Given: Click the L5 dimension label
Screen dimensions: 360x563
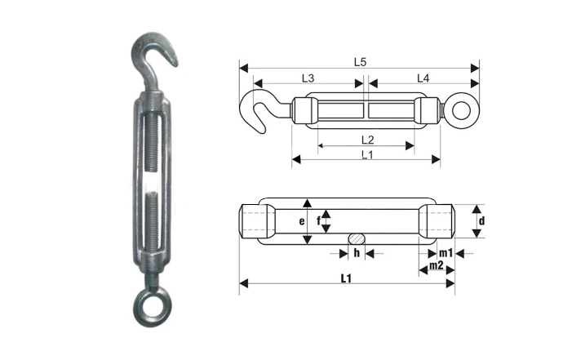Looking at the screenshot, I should click(360, 62).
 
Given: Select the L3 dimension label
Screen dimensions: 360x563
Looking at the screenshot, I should click(308, 78).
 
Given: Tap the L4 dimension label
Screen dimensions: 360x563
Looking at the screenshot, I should click(423, 78).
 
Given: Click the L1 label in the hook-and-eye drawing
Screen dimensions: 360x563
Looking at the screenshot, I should click(367, 154).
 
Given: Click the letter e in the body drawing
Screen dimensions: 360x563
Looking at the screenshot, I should click(300, 221).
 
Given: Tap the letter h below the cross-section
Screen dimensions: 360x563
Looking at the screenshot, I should click(356, 253).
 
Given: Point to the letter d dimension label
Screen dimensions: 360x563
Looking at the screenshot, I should click(482, 220).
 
